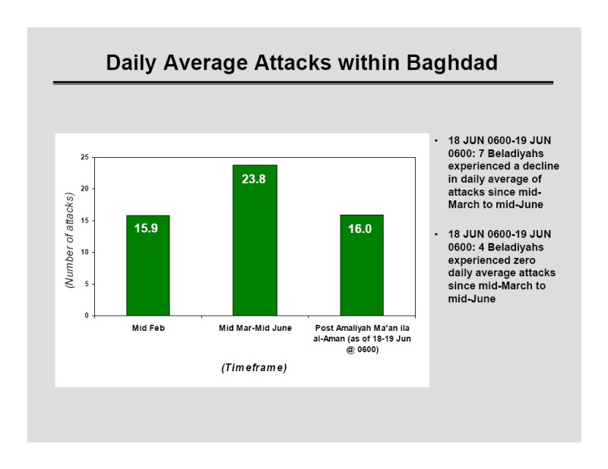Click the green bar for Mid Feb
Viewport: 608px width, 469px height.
pos(147,266)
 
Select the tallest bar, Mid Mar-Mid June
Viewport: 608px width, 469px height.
pos(255,240)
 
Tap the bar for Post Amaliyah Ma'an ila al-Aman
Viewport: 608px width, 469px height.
pos(362,266)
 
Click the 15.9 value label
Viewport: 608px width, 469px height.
pos(146,228)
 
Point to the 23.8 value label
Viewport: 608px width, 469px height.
pos(254,179)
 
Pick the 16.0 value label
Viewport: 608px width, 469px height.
pos(359,229)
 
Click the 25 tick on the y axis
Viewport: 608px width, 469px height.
pos(85,157)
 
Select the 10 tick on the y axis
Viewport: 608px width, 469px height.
pos(85,252)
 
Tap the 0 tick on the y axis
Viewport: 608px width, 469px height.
pos(87,316)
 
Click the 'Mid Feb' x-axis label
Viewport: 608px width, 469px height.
pos(148,328)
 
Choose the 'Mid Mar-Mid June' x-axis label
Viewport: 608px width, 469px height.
pos(255,328)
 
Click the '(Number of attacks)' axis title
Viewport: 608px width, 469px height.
pos(69,240)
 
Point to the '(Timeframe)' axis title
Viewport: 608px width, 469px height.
pos(255,367)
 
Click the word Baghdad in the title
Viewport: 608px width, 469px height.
pos(452,63)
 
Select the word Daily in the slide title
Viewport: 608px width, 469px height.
pos(131,63)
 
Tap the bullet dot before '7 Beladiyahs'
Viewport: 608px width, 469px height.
pos(436,140)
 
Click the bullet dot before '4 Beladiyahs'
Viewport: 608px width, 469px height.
pos(436,234)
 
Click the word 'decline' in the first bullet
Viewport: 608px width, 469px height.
pos(541,166)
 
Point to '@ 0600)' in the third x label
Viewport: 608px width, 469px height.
pos(363,350)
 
